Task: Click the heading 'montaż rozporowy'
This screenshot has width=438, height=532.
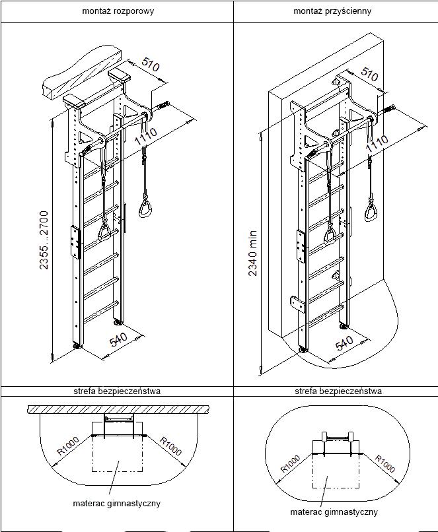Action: pyautogui.click(x=116, y=11)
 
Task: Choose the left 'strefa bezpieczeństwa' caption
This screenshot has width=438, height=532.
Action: pyautogui.click(x=117, y=391)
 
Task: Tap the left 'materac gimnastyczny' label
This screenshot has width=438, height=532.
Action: pyautogui.click(x=116, y=503)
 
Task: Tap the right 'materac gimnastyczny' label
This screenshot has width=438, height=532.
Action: pyautogui.click(x=334, y=512)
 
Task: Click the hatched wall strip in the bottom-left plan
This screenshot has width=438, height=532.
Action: pyautogui.click(x=116, y=409)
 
